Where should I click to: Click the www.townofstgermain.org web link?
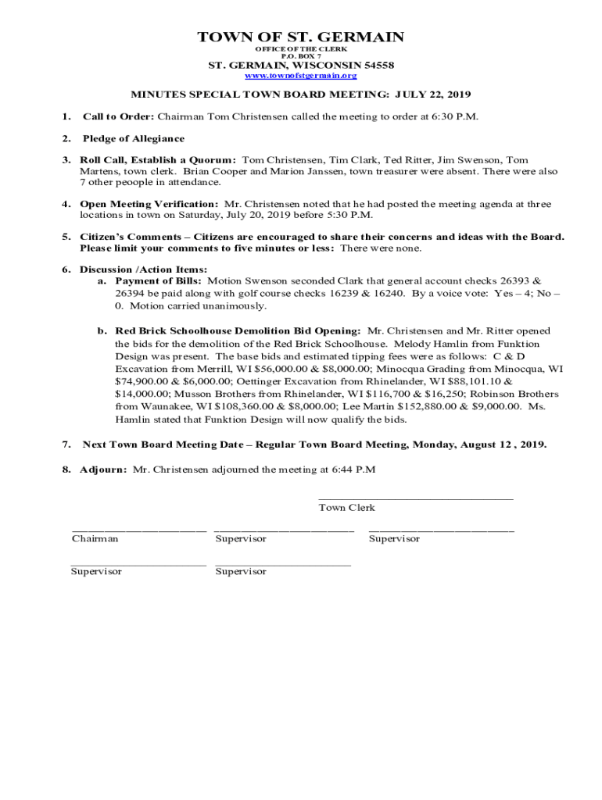click(x=301, y=76)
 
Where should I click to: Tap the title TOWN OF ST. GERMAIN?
click(x=301, y=37)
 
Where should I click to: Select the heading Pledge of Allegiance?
click(x=134, y=138)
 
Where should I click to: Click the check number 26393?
click(x=512, y=280)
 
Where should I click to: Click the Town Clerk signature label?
click(x=346, y=508)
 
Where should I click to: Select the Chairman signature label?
click(x=95, y=539)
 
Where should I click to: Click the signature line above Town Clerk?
click(x=416, y=498)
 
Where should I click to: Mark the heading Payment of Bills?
click(x=159, y=280)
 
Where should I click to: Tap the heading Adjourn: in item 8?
click(x=102, y=470)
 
